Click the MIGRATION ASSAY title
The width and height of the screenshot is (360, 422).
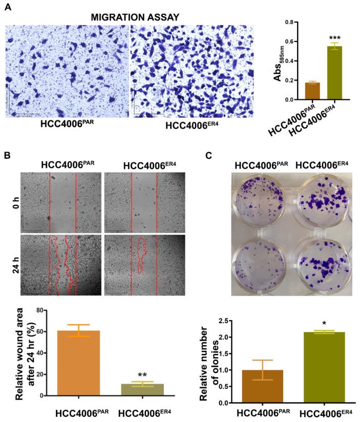[x=135, y=17]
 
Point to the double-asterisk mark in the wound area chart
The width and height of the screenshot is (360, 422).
[x=142, y=375]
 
